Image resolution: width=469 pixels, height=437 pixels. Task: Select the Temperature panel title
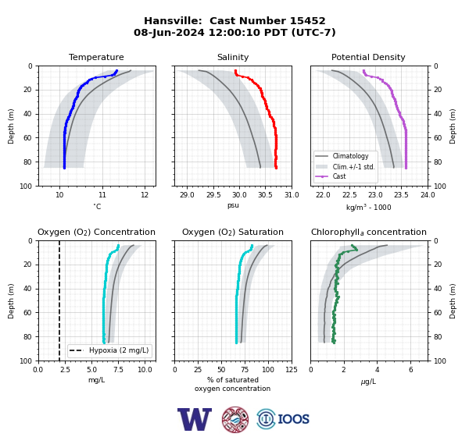[96, 57]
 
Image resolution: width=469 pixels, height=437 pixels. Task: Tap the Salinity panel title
[233, 57]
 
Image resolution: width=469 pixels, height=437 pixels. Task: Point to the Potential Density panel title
[368, 57]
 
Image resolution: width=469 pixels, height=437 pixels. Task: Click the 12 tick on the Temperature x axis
[145, 195]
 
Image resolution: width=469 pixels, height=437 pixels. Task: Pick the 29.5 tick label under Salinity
[213, 195]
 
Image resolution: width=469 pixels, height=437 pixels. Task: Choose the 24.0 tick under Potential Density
[428, 195]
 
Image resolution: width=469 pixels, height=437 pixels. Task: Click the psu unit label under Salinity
[233, 205]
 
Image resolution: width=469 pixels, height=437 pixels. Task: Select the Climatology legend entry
[342, 156]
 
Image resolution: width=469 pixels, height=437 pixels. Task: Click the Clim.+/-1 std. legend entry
[345, 166]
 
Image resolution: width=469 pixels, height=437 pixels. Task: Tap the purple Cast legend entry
[331, 176]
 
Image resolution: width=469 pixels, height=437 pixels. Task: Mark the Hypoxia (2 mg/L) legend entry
[109, 350]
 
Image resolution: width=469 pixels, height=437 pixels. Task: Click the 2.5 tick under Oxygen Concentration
[65, 369]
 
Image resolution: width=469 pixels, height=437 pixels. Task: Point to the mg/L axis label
[96, 380]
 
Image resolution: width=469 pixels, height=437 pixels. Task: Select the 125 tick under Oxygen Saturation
[292, 369]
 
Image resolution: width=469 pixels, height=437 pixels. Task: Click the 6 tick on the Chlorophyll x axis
[410, 369]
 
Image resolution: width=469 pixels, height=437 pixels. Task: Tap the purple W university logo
[195, 419]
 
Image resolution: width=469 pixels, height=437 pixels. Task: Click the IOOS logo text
[293, 419]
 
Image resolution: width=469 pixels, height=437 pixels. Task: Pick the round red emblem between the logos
[235, 419]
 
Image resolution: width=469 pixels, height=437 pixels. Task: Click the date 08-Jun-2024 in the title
[169, 32]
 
